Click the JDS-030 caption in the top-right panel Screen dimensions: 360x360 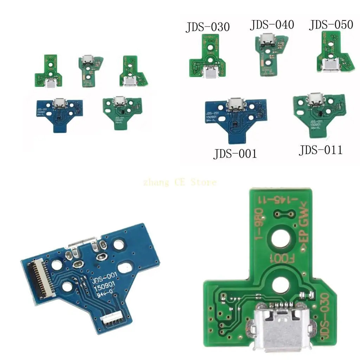pos(208,27)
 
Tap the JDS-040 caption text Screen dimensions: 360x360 pos(272,25)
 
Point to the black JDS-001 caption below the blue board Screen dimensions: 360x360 pos(235,154)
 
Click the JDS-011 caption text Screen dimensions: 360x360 pos(320,150)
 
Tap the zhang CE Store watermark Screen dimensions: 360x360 pos(180,182)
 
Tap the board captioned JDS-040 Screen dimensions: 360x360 pos(270,56)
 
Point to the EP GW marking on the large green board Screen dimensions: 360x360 pos(304,227)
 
